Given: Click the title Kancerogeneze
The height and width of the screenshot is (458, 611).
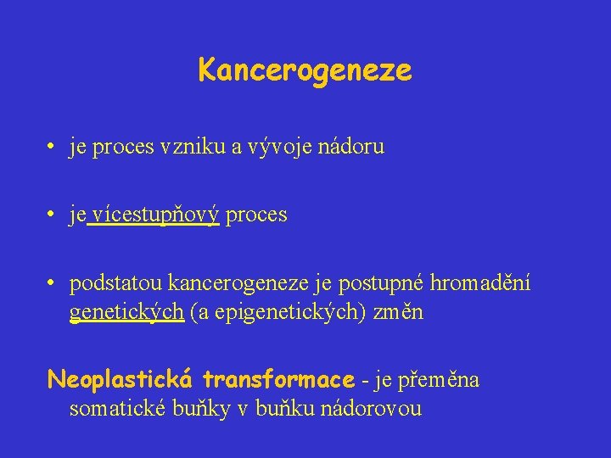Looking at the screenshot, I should (305, 70).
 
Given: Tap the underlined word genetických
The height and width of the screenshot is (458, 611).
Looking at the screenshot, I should (126, 312).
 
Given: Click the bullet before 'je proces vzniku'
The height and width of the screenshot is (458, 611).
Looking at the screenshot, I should (53, 147).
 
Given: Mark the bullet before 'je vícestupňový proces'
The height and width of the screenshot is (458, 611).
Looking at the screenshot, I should (53, 215).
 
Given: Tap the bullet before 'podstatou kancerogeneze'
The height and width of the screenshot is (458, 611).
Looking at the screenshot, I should (53, 282).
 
